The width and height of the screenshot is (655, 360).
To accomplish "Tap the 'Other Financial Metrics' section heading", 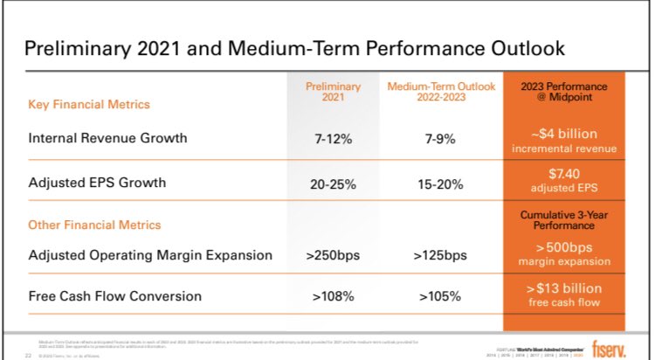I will (95, 225).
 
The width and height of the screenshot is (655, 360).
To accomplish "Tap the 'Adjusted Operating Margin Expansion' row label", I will (150, 255).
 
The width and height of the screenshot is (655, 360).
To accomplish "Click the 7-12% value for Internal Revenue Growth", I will (333, 138).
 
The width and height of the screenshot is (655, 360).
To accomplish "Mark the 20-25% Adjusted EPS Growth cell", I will (333, 183).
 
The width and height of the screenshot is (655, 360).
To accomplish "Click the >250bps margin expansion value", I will (333, 256).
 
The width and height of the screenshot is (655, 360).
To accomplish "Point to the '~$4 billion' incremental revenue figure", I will (563, 134).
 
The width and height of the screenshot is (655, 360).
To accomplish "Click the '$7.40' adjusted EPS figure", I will (563, 176).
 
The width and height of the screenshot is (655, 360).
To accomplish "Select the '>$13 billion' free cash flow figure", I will (563, 287).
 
